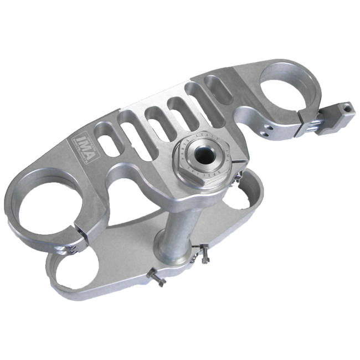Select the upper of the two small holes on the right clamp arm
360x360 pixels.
(269, 126)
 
